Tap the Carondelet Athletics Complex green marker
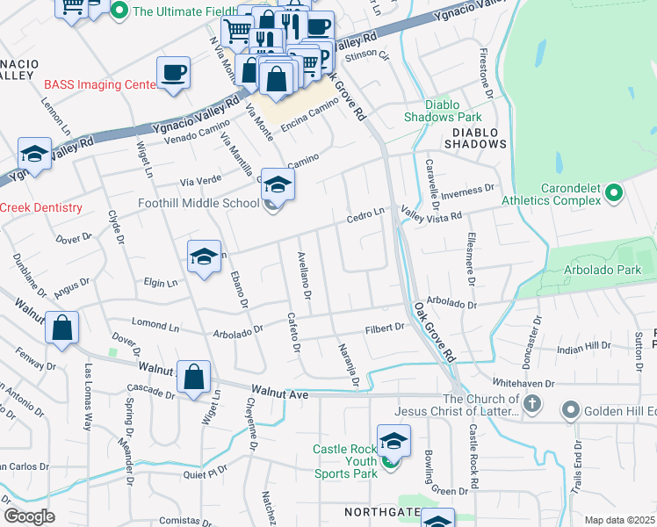click(614, 192)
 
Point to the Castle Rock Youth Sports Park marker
click(393, 461)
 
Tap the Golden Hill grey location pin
click(571, 410)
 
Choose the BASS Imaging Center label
click(100, 85)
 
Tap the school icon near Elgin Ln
click(204, 257)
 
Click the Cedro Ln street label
click(365, 213)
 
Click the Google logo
click(29, 516)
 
